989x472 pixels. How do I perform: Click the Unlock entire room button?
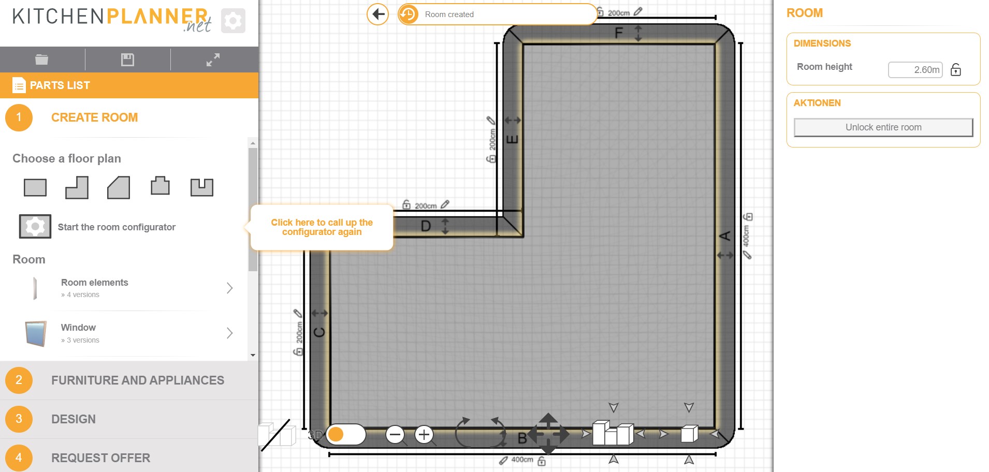pos(883,127)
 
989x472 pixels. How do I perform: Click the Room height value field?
pos(915,70)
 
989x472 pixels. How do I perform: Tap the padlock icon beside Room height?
pos(956,70)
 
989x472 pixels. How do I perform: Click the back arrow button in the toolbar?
pos(378,14)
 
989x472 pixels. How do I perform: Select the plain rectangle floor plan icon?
pos(35,187)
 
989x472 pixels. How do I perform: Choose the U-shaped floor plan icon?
pos(201,187)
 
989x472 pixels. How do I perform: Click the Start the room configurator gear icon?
pos(35,227)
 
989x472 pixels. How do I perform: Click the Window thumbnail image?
pos(36,333)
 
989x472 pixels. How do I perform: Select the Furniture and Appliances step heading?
pos(137,380)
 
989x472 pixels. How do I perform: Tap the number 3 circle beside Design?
pos(19,419)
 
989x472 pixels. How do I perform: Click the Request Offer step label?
pos(100,458)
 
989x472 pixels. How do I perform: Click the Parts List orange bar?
pos(129,85)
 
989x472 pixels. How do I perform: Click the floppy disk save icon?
pos(127,60)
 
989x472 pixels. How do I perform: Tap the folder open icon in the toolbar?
pos(42,60)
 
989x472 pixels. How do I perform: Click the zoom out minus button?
pos(395,435)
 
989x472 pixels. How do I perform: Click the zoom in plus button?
pos(424,435)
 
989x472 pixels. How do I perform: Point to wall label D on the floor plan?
pos(426,226)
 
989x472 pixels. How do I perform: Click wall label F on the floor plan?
pos(618,34)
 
